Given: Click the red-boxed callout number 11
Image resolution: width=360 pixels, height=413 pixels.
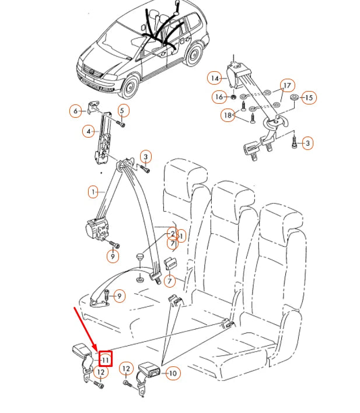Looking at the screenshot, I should tap(105, 360).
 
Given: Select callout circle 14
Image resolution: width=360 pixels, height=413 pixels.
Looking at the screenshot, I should tap(215, 78).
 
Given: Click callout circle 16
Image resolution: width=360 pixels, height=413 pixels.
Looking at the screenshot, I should tap(218, 96).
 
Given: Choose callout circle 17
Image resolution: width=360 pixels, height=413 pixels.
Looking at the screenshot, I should tap(286, 85).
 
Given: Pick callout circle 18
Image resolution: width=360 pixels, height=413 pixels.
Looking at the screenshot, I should tap(228, 116).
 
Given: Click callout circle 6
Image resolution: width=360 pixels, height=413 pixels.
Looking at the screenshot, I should tap(75, 111).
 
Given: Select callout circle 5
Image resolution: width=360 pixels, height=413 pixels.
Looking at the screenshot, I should tap(122, 111).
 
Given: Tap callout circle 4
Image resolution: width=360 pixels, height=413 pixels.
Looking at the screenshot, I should tap(89, 132).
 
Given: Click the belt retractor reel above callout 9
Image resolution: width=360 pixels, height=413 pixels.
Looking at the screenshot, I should tap(98, 228).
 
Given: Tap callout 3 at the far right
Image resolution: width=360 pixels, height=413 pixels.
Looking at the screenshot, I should tap(308, 142).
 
